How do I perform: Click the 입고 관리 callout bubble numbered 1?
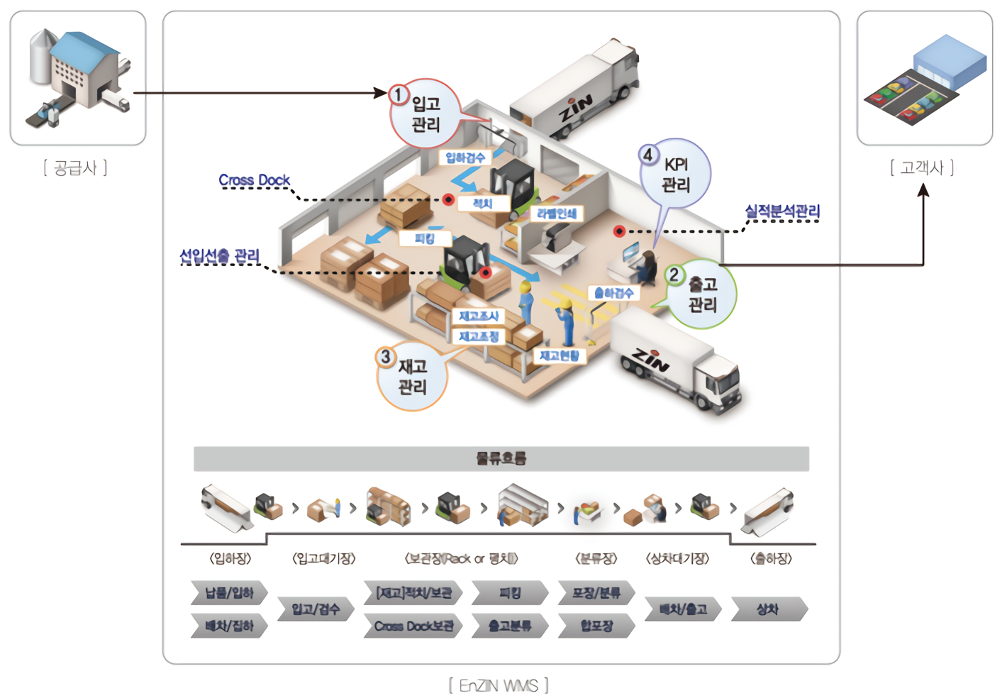[425, 114]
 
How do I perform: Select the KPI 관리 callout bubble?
[675, 174]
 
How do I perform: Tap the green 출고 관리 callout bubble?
[701, 294]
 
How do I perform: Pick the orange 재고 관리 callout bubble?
[412, 377]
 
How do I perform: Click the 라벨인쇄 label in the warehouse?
[557, 214]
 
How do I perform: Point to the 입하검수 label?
[465, 157]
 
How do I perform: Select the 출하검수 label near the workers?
[614, 293]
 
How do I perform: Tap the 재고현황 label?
[559, 355]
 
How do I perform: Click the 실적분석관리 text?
[782, 211]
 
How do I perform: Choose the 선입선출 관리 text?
[220, 256]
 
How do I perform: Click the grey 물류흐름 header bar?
[501, 458]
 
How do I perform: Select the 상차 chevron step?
[769, 609]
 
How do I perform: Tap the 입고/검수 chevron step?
[316, 609]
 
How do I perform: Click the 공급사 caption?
[76, 168]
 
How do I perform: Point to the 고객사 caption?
[922, 168]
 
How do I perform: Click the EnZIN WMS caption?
[499, 686]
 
